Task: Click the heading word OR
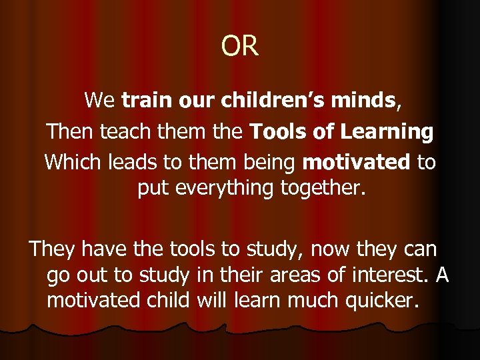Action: [240, 46]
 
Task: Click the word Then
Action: [70, 132]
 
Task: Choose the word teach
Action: [125, 132]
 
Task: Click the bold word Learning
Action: [387, 132]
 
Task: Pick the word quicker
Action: [381, 300]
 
